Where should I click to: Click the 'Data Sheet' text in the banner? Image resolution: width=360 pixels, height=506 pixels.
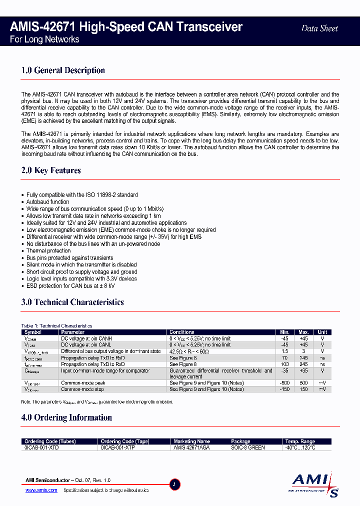point(319,28)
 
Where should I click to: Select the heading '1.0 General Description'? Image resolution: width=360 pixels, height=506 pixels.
point(63,70)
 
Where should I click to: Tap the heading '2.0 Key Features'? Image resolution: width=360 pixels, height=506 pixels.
point(51,170)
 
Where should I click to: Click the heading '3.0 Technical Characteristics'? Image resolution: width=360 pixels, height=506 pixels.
point(72,302)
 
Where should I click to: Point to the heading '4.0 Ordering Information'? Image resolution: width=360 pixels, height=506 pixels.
point(66,417)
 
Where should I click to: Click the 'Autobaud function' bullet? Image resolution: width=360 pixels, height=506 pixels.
point(47,202)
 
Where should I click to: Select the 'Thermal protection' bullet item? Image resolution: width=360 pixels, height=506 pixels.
point(48,251)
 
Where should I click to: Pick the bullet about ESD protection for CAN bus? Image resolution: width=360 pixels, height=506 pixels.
point(70,286)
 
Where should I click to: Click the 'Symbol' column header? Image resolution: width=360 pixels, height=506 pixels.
point(33,332)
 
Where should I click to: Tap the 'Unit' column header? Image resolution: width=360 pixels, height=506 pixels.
point(322,332)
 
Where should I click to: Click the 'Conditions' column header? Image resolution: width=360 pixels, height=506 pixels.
point(182,332)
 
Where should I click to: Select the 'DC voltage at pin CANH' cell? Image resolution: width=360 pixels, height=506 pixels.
point(86,338)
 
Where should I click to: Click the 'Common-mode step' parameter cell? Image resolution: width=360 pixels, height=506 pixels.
point(82,389)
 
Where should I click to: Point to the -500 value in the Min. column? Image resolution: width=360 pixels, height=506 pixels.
point(284,382)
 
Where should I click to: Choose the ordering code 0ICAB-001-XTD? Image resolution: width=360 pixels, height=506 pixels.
point(41,448)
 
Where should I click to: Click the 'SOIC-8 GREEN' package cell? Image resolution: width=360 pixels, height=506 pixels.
point(248,448)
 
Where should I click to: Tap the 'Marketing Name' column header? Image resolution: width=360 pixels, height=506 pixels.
point(191,441)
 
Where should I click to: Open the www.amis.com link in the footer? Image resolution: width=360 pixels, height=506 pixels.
point(41,490)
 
